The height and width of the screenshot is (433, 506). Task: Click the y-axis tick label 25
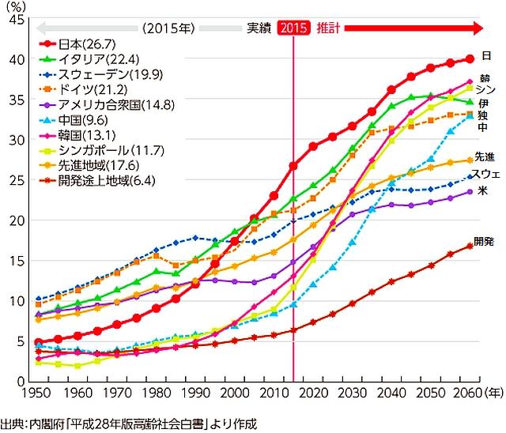pos(15,180)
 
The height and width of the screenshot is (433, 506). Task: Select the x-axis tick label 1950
pos(36,393)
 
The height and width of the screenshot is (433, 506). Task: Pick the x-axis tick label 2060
pos(466,393)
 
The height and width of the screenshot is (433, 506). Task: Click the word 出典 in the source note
pos(13,424)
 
